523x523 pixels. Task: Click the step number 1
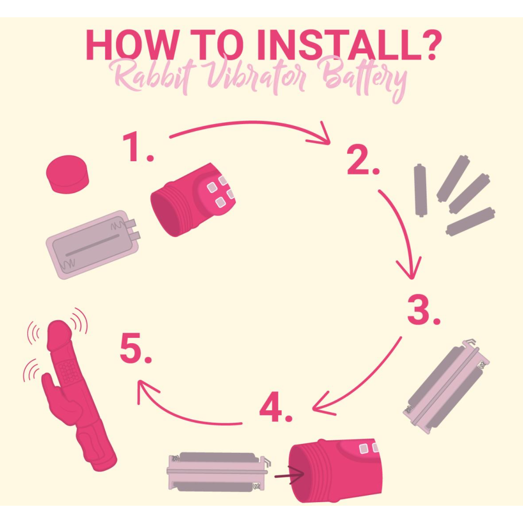138,148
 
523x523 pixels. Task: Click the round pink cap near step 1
67,174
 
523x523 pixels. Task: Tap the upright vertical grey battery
420,190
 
